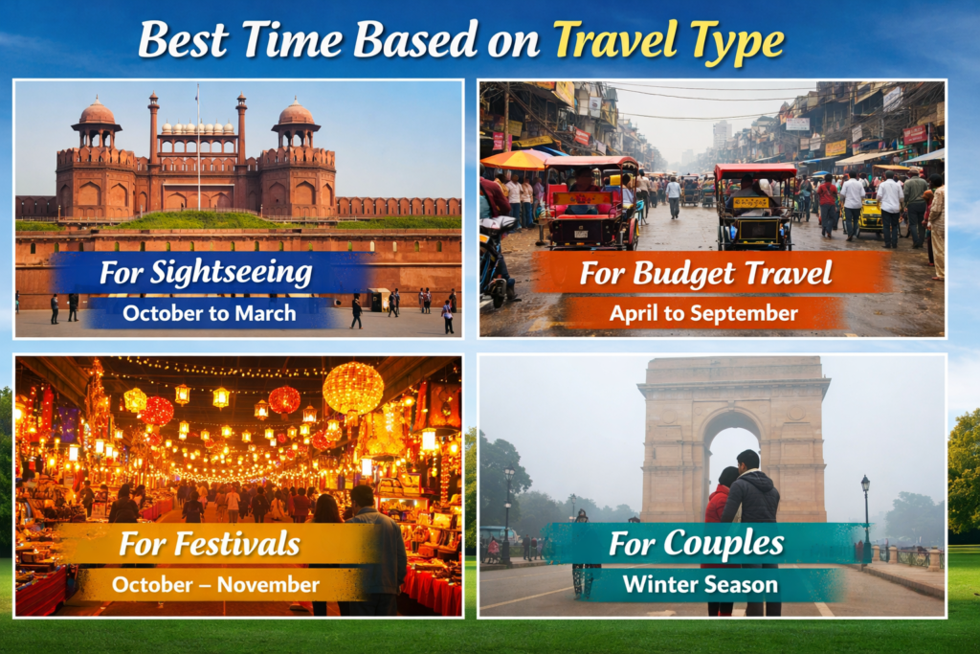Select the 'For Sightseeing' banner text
tap(206, 273)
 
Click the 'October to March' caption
tap(210, 313)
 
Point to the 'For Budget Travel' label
tap(706, 273)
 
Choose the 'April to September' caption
tap(703, 313)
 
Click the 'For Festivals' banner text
tap(210, 543)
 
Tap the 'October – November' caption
tap(215, 585)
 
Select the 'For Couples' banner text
tap(697, 543)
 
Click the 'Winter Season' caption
tap(701, 585)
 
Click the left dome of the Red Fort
tap(97, 113)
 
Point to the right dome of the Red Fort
tap(296, 113)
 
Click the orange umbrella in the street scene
tap(514, 160)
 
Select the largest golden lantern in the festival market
tap(353, 388)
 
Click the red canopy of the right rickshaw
tap(756, 170)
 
